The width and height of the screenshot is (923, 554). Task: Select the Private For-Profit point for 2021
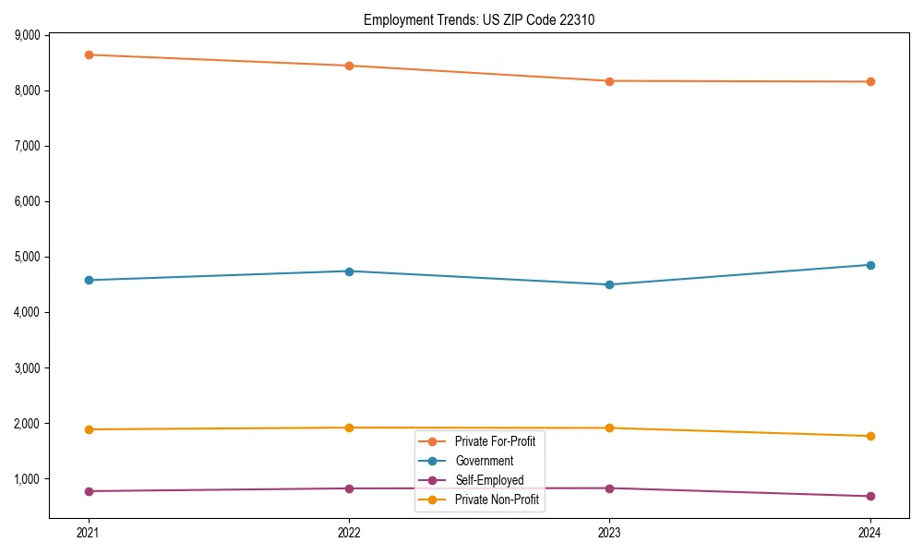89,54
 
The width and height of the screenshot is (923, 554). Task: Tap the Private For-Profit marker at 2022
349,66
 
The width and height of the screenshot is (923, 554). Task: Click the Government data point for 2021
89,280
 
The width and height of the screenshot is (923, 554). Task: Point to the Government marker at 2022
349,271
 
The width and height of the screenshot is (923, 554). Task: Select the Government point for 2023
609,284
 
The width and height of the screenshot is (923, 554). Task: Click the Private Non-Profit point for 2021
89,429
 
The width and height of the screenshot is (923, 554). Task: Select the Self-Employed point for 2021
89,491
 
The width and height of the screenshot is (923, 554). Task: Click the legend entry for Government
484,461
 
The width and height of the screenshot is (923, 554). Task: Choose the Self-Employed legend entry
489,480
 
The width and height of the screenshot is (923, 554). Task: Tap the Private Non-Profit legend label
497,500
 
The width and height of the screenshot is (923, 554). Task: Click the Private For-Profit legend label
495,441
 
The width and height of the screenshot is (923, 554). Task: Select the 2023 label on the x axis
609,532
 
